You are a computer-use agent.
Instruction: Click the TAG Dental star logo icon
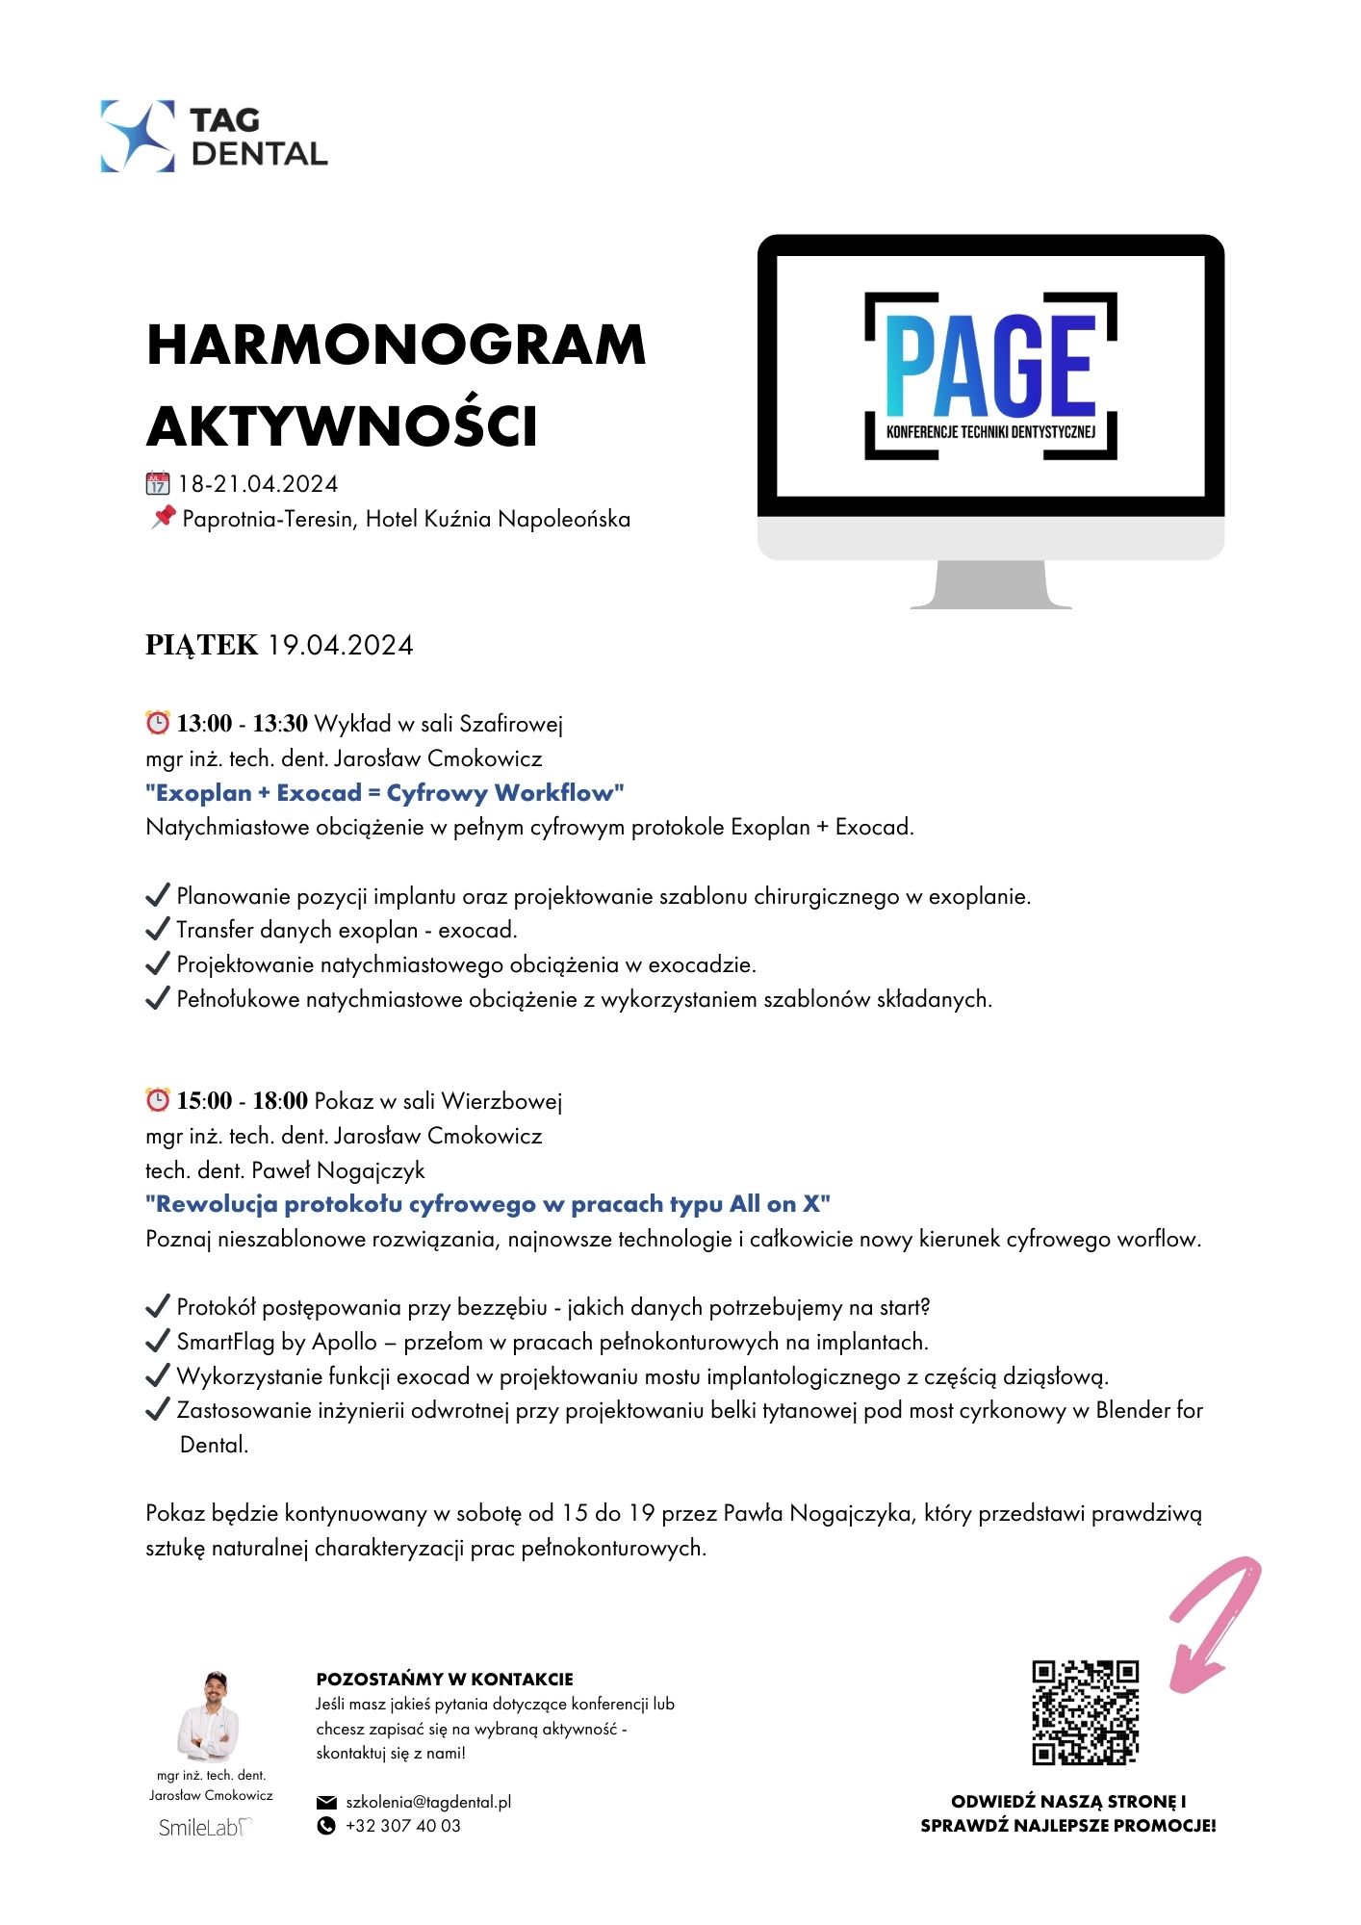[x=138, y=137]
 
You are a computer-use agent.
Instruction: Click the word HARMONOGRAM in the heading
[x=396, y=345]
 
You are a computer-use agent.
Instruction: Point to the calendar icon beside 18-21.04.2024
[x=157, y=483]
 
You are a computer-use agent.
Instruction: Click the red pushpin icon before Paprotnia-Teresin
[x=163, y=517]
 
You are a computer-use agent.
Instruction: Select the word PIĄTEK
[x=202, y=645]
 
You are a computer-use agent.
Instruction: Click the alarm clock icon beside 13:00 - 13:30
[x=157, y=722]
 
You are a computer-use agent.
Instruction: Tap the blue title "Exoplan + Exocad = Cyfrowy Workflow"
[x=385, y=793]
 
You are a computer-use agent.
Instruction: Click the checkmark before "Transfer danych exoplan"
[x=157, y=930]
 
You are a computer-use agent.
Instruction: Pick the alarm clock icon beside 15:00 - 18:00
[x=157, y=1099]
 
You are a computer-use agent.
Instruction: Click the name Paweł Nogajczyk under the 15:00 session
[x=338, y=1170]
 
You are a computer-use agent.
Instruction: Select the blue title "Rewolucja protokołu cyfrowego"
[x=488, y=1204]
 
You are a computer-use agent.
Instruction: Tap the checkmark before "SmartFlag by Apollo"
[x=157, y=1342]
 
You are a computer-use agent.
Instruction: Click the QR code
[x=1085, y=1712]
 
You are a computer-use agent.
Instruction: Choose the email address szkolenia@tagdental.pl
[x=428, y=1802]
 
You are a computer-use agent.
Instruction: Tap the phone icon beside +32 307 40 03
[x=326, y=1826]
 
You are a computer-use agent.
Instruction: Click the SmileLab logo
[x=205, y=1828]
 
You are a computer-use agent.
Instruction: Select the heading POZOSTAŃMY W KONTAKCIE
[x=445, y=1680]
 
